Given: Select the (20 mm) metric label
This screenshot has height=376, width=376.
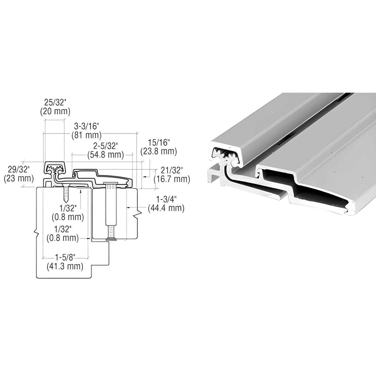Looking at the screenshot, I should click(55, 111).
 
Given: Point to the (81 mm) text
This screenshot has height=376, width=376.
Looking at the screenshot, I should click(86, 135).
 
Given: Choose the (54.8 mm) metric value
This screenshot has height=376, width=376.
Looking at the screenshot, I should click(105, 155).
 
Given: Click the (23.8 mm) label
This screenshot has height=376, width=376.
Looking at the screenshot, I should click(159, 151).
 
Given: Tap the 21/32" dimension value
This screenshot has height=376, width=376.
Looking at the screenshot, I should click(172, 170).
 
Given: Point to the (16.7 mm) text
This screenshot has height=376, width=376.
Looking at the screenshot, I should click(172, 179).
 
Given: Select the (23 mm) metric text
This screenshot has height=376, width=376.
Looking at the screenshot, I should click(19, 179).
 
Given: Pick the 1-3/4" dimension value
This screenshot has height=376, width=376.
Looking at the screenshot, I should click(166, 199).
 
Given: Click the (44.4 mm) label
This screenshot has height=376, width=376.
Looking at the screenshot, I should click(166, 208).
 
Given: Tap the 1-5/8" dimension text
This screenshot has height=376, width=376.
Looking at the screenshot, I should click(65, 257).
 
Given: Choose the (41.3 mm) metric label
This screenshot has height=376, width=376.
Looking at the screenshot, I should click(65, 266).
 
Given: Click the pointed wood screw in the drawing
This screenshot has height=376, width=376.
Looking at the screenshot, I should click(66, 194).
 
